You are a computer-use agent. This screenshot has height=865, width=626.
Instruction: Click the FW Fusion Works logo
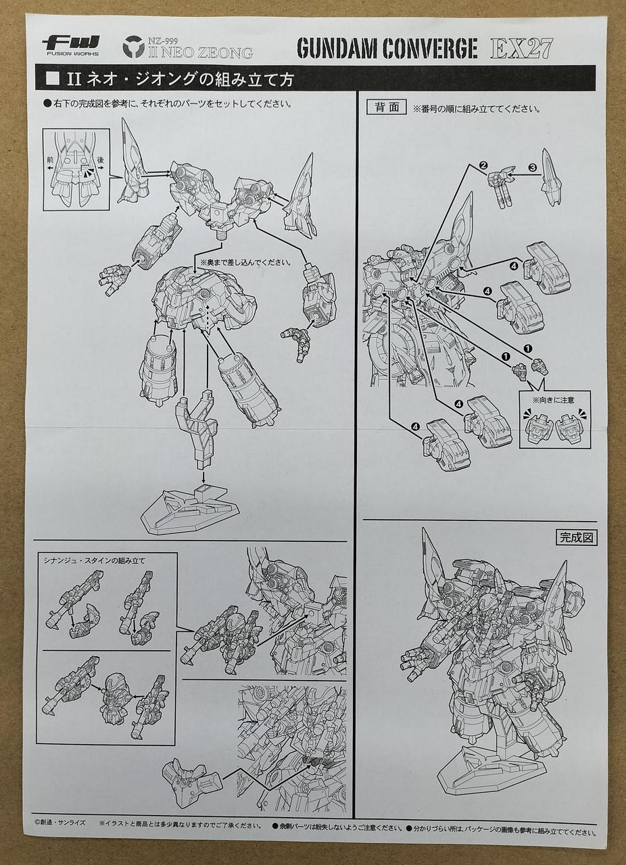(x=71, y=45)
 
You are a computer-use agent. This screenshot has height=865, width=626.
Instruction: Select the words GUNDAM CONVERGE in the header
(x=387, y=48)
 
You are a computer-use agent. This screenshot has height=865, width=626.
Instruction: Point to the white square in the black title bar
(x=52, y=79)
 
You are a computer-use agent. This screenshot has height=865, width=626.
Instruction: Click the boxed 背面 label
(x=386, y=107)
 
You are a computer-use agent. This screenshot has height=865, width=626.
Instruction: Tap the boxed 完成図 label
(x=576, y=537)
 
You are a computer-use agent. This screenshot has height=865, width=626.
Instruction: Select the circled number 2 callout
(x=483, y=166)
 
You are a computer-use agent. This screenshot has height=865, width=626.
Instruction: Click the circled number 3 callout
(x=533, y=168)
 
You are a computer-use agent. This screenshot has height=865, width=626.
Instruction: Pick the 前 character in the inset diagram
(x=50, y=159)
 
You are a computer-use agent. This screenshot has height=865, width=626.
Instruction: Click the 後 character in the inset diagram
(x=101, y=159)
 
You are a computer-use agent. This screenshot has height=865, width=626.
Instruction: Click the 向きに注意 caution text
(x=555, y=399)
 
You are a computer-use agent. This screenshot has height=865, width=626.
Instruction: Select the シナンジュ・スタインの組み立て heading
(x=94, y=561)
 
